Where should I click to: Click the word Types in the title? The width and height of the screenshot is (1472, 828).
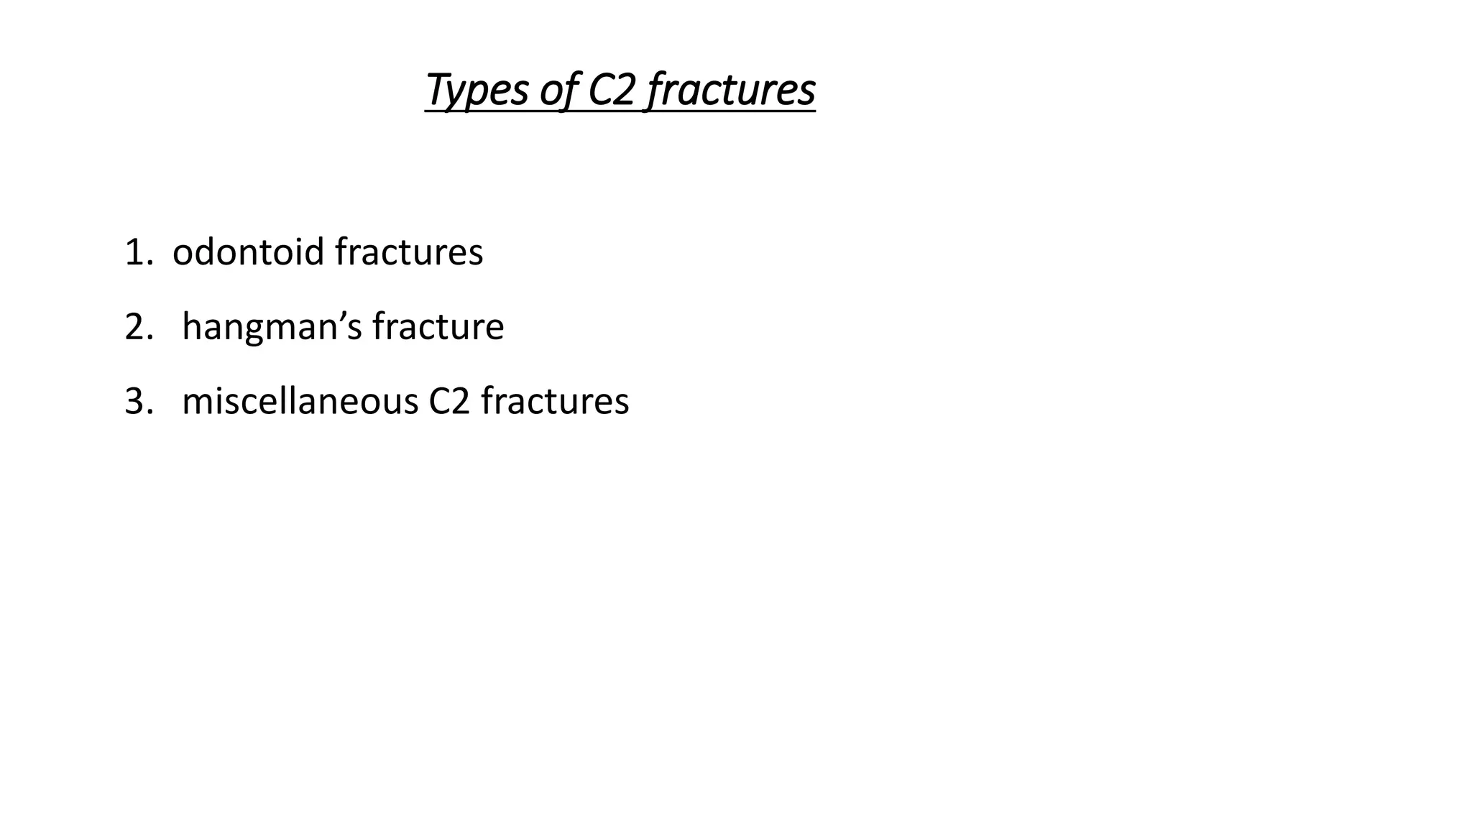pyautogui.click(x=476, y=91)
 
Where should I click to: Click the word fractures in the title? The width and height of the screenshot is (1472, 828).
pyautogui.click(x=731, y=91)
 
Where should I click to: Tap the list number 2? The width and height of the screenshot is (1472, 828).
pyautogui.click(x=135, y=327)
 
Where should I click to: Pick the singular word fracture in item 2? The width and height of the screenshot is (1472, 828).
pyautogui.click(x=438, y=327)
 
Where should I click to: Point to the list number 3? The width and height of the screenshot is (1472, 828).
pyautogui.click(x=135, y=402)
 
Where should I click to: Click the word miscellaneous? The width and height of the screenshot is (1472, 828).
pyautogui.click(x=300, y=402)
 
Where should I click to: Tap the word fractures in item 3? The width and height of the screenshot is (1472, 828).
pyautogui.click(x=555, y=402)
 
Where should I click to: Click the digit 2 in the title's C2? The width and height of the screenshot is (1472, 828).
pyautogui.click(x=625, y=91)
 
